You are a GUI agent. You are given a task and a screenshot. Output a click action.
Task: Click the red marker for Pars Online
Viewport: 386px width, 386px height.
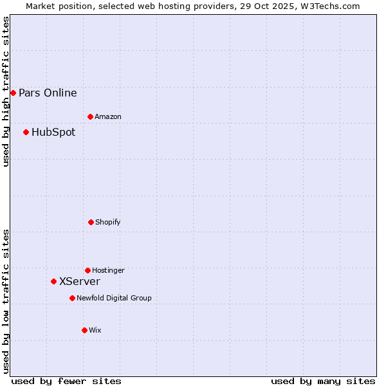tap(13, 93)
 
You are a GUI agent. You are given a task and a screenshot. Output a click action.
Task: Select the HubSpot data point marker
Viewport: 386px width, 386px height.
tap(26, 133)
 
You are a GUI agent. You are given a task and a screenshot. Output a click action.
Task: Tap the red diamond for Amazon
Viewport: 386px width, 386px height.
tap(91, 117)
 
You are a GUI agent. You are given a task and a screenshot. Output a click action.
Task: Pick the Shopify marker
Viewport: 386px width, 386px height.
tap(91, 223)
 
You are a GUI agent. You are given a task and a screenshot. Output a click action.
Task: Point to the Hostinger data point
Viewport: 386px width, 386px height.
tap(88, 271)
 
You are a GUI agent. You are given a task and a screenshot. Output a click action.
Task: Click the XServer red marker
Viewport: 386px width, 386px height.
tap(54, 282)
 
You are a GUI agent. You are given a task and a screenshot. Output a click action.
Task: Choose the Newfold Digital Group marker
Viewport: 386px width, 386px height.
tap(73, 299)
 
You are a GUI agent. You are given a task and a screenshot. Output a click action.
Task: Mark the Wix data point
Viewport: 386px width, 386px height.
tap(84, 331)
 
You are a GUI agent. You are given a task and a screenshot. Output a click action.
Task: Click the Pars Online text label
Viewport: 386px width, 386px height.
tap(48, 93)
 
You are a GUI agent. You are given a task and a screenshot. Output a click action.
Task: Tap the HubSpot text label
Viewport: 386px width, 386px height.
tap(53, 133)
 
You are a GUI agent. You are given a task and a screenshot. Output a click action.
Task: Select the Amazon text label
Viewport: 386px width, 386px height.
tap(108, 117)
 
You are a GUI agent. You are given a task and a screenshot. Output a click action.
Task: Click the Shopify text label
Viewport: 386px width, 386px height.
tap(108, 223)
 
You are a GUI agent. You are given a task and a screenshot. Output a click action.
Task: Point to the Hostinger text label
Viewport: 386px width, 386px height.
tap(108, 271)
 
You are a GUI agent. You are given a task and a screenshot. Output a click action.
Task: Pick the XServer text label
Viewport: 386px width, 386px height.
tap(80, 282)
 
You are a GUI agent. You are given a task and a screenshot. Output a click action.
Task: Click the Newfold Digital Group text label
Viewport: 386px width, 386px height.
tap(114, 299)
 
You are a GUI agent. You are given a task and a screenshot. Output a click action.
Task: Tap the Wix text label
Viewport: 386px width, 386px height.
tap(95, 331)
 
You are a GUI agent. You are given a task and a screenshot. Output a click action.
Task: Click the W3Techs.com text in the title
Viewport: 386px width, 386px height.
tap(328, 6)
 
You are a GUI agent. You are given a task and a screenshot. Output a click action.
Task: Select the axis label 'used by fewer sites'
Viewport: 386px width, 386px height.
tap(66, 381)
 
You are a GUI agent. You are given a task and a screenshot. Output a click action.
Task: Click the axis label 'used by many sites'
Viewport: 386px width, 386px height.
tap(323, 381)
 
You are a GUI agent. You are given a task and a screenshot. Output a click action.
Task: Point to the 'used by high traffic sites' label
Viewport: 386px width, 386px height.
tap(6, 91)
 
